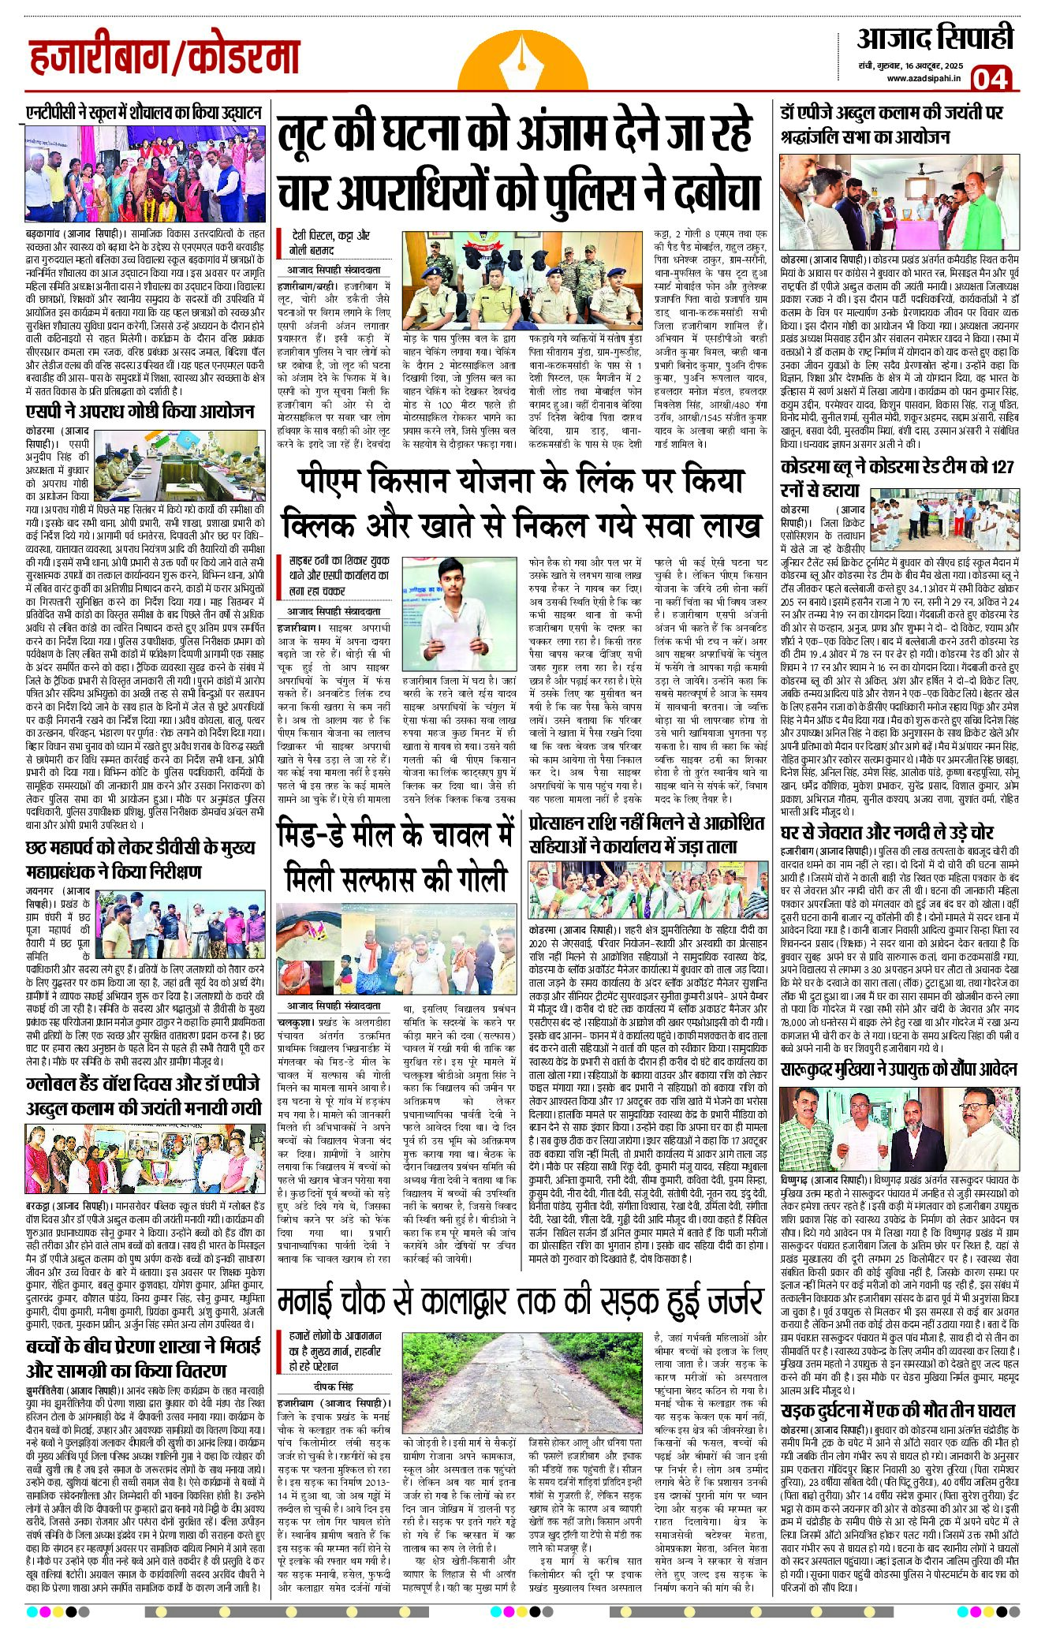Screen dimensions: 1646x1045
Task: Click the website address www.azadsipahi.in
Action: [923, 77]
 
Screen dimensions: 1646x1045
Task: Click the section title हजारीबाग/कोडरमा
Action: [165, 57]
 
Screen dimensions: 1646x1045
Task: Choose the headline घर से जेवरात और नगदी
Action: [886, 831]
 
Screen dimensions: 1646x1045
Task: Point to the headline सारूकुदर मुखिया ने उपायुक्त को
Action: [898, 1069]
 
